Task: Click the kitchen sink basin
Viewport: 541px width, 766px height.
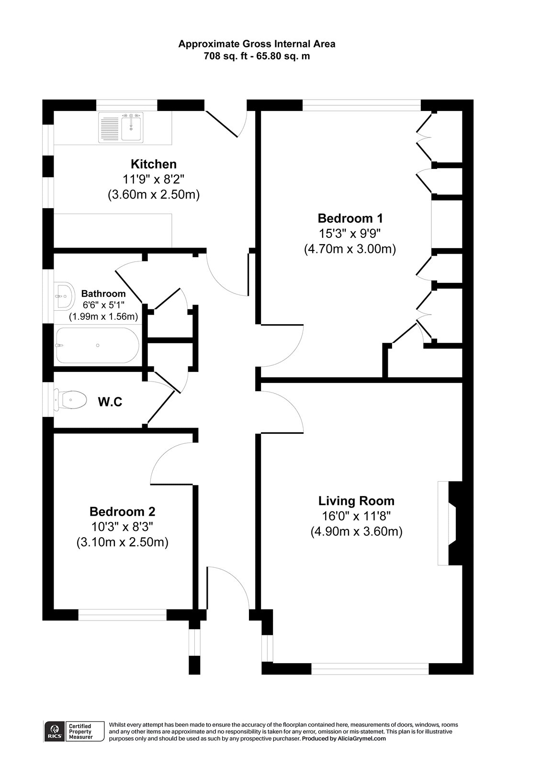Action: (131, 127)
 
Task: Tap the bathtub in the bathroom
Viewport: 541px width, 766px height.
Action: (97, 346)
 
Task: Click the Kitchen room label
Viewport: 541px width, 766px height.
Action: (154, 164)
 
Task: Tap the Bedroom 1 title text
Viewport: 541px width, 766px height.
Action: (350, 219)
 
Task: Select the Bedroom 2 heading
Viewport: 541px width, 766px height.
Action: (122, 511)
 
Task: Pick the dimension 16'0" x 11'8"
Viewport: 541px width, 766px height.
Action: (356, 516)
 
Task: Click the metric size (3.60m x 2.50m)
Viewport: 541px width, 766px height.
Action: (154, 195)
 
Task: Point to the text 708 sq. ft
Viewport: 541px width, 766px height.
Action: (225, 56)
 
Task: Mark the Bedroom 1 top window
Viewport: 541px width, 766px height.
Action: (361, 105)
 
